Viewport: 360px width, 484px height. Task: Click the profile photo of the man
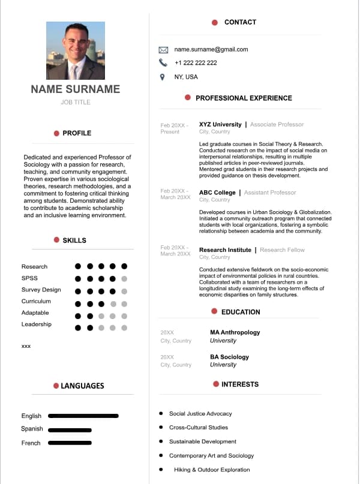76,51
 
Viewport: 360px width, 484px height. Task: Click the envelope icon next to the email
163,49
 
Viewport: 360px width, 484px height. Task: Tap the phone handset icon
163,62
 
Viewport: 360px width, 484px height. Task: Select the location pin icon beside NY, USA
162,77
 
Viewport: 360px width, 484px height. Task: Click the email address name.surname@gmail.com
211,49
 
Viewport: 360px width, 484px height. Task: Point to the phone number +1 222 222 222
196,63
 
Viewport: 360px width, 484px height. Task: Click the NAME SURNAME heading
76,89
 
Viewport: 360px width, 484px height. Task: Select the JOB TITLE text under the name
76,103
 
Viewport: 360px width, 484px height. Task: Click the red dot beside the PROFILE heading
56,133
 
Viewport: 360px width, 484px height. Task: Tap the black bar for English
83,416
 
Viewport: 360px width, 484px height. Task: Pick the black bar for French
70,443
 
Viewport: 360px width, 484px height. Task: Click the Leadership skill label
37,324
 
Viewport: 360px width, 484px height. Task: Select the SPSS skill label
29,278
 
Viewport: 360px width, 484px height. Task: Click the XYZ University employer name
220,125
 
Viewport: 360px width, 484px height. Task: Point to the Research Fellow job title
282,250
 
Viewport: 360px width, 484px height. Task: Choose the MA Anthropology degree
235,332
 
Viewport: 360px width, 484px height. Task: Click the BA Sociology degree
229,357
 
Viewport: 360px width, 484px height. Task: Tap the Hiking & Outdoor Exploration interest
212,470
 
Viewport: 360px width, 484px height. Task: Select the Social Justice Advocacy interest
200,414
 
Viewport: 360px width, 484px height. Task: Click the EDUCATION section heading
241,312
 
